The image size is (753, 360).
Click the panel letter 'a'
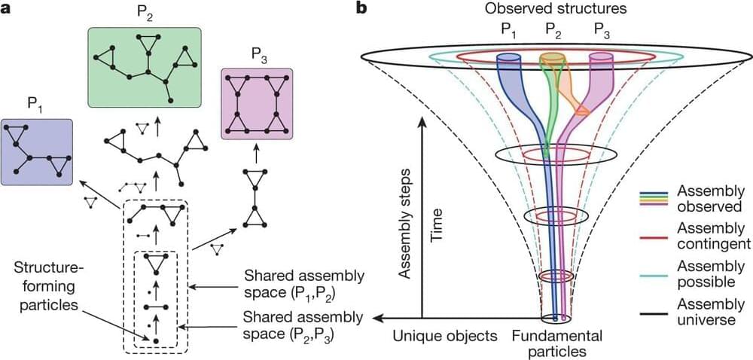(x=5, y=9)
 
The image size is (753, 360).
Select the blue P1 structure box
(x=37, y=151)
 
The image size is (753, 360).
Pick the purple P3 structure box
(x=256, y=103)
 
